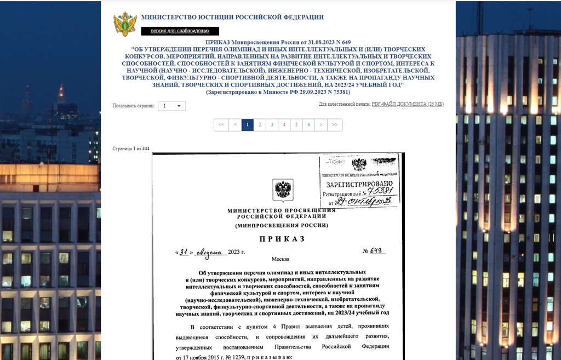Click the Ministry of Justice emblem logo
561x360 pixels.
coord(125,24)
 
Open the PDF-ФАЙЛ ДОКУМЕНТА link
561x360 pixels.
coord(408,104)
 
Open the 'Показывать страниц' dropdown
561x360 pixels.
coord(172,106)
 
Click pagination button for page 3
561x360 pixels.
coord(272,125)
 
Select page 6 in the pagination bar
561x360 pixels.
coord(309,125)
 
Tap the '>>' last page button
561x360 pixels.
coord(335,125)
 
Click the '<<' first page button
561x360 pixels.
coord(221,125)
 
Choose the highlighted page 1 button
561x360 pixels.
coord(247,125)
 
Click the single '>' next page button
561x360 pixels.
coord(321,125)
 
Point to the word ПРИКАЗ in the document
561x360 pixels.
coord(282,239)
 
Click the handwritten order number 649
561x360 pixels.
coord(376,251)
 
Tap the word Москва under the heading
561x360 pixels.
coord(280,259)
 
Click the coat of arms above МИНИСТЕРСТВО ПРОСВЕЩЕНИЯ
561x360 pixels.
coord(283,190)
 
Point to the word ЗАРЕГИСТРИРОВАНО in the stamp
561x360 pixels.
coord(359,184)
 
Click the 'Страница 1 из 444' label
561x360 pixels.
coord(130,149)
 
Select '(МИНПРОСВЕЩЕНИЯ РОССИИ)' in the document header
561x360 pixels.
coord(282,225)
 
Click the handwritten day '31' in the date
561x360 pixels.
coord(184,252)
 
